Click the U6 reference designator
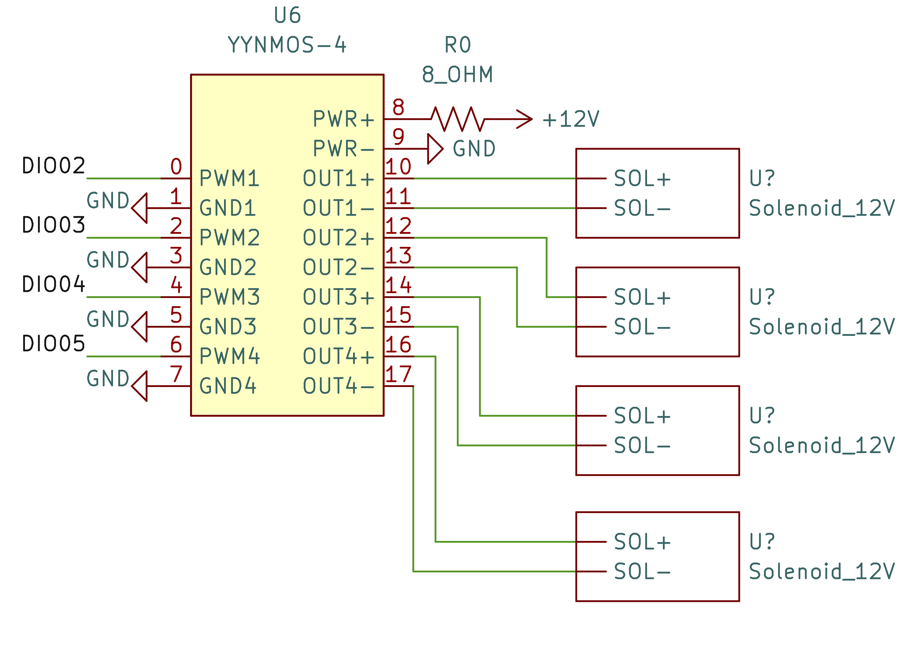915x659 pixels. coord(287,15)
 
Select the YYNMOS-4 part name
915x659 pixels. coord(287,45)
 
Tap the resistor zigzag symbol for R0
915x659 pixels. coord(458,119)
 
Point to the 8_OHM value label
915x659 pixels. coord(458,75)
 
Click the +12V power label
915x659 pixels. coord(571,119)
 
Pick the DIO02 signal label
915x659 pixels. coord(53,166)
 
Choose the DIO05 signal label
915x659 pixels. coord(53,344)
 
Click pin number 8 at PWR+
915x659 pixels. coord(398,107)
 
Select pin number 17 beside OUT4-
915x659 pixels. coord(398,374)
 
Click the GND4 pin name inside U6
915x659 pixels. coord(228,386)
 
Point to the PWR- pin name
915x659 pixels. coord(343,149)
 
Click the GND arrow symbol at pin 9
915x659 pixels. coord(435,149)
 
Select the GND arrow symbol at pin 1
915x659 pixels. coord(140,208)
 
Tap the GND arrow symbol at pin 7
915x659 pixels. coord(140,386)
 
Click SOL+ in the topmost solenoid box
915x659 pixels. coord(642,179)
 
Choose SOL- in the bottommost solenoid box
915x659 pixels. coord(642,571)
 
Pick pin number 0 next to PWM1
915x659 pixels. coord(176,166)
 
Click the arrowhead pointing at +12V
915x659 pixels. coord(524,119)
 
